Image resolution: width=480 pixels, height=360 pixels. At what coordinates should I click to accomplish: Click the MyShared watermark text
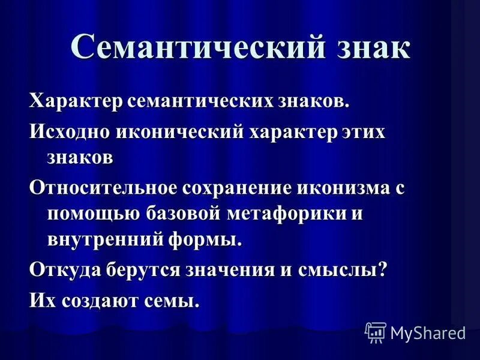[x=428, y=332]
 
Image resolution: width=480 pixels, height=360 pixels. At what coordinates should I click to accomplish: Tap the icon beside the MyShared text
[x=376, y=331]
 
